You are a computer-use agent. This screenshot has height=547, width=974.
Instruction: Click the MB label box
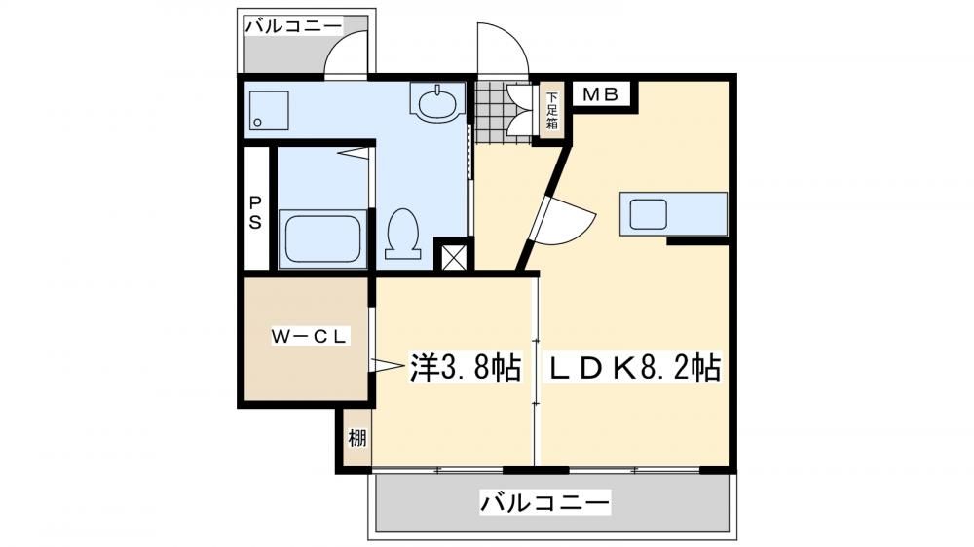coord(601,94)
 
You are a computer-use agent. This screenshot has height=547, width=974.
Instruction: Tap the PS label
coord(255,213)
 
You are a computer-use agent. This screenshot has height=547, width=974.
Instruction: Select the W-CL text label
coord(309,337)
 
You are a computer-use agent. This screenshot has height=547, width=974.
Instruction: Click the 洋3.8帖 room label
coord(465,368)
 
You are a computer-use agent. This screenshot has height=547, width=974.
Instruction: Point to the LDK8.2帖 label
coord(634,368)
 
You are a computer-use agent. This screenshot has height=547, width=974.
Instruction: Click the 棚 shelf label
coord(356,438)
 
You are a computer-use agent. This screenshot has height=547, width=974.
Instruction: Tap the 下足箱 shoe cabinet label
coord(551,111)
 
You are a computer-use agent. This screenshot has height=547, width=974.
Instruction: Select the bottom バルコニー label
coord(544,501)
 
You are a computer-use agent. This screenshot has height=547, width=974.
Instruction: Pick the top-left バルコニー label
coord(293,26)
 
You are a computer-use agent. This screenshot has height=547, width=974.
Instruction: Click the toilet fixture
coord(402,233)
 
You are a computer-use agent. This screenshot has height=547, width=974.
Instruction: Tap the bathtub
coord(322,239)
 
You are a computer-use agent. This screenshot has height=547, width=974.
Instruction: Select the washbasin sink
coord(437,102)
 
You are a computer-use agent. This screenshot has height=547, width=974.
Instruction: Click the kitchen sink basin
coord(649,214)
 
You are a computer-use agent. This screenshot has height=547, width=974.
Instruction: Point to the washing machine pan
coord(269,111)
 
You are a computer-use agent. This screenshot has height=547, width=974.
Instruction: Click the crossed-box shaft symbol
coord(452,255)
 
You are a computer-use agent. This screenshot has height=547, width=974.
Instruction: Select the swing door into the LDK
coord(562,220)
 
